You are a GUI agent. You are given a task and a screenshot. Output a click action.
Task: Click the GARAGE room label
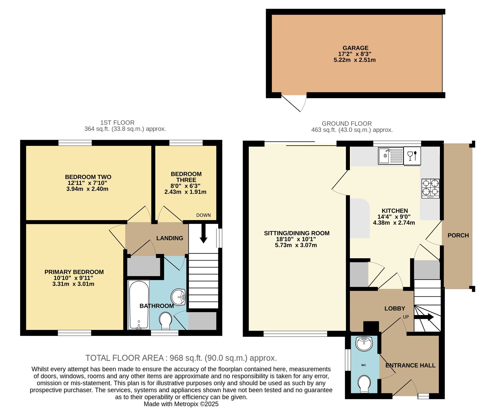[x=355, y=48]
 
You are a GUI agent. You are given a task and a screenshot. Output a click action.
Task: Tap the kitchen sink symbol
[x=390, y=156]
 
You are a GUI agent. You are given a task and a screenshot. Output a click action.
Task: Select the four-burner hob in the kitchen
[x=430, y=188]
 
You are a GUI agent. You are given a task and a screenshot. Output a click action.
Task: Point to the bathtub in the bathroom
[x=139, y=305]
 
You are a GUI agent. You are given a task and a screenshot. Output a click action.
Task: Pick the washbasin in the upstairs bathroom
[x=178, y=297]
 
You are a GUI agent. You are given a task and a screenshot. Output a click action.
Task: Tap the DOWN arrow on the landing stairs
[x=203, y=234]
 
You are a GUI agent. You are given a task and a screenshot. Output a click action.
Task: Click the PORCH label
[x=458, y=235]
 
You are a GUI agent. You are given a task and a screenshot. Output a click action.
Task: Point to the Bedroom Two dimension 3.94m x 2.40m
[x=87, y=189]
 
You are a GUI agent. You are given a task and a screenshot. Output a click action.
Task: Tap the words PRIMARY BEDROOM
[x=74, y=272]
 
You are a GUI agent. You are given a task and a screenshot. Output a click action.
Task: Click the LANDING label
[x=170, y=238]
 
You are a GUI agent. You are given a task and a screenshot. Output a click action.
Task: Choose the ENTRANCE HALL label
[x=410, y=365]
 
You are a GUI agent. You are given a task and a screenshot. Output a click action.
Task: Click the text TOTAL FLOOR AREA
[x=125, y=358]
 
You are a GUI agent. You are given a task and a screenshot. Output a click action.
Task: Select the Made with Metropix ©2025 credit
[x=181, y=404]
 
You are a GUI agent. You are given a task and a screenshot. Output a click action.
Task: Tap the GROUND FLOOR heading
[x=347, y=124]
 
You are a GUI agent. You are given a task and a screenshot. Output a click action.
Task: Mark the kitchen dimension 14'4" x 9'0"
[x=394, y=217]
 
